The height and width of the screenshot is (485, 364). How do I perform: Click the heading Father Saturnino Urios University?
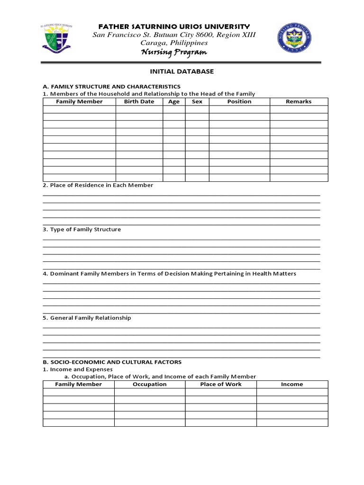(173, 26)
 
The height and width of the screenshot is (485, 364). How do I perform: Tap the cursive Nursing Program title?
(173, 52)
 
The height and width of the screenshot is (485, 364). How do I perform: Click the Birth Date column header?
(139, 102)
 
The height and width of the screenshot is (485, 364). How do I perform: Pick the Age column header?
(174, 102)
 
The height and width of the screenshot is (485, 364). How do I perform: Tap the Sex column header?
(197, 102)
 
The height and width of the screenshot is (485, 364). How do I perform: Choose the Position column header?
(239, 102)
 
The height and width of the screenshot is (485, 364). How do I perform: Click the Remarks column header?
(299, 102)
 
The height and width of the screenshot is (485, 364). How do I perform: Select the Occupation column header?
(150, 384)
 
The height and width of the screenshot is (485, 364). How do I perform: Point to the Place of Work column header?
(221, 384)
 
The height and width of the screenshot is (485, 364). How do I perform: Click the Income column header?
(292, 384)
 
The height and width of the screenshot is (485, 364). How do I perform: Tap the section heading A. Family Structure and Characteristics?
(111, 87)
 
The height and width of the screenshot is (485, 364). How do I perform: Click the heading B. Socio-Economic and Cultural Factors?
(112, 362)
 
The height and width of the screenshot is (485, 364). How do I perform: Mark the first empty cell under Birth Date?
(139, 109)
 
